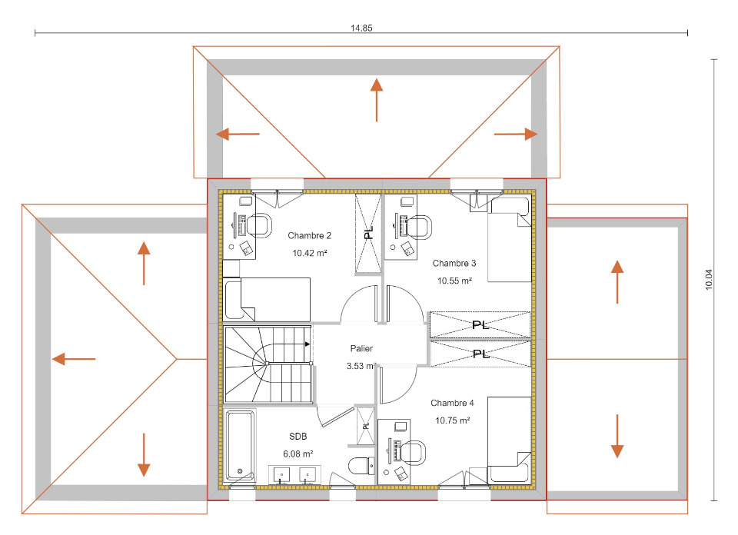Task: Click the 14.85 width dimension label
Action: point(361,28)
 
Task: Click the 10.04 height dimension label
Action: point(710,279)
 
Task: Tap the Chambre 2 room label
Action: point(309,235)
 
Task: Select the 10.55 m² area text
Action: point(454,281)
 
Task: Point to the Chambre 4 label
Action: point(452,403)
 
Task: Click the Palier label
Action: point(361,348)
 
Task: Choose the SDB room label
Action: point(298,436)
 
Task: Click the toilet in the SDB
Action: point(361,466)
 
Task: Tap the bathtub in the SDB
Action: point(240,446)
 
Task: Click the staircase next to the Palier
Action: point(268,364)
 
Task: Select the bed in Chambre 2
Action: point(267,299)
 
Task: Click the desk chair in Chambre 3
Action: point(420,228)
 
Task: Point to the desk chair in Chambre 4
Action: point(414,453)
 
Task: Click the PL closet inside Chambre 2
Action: point(368,233)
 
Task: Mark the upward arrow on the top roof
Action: point(376,100)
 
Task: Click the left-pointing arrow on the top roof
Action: point(238,134)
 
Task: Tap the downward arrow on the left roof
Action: point(144,454)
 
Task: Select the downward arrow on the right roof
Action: point(617,436)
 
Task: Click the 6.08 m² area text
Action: point(298,454)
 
